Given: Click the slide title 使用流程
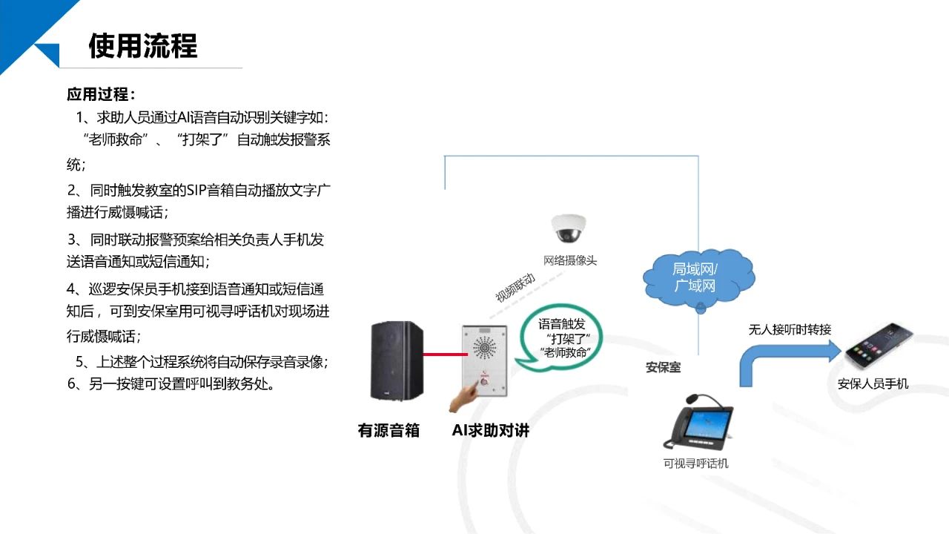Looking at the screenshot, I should coord(143,46).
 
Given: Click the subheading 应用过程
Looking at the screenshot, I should coord(101,95).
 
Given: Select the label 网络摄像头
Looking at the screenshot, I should coord(569,260).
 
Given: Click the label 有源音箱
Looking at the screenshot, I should coord(388,430).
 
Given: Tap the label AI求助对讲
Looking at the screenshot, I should coord(490,430).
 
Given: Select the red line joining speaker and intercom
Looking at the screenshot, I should coord(442,355).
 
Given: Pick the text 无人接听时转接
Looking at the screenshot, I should coord(790,329).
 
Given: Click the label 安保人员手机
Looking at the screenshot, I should coord(873,383).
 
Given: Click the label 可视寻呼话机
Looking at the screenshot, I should coord(695,464).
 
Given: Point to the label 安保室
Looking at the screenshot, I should coord(663,367).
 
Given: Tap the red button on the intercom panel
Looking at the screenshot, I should coord(483,375).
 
